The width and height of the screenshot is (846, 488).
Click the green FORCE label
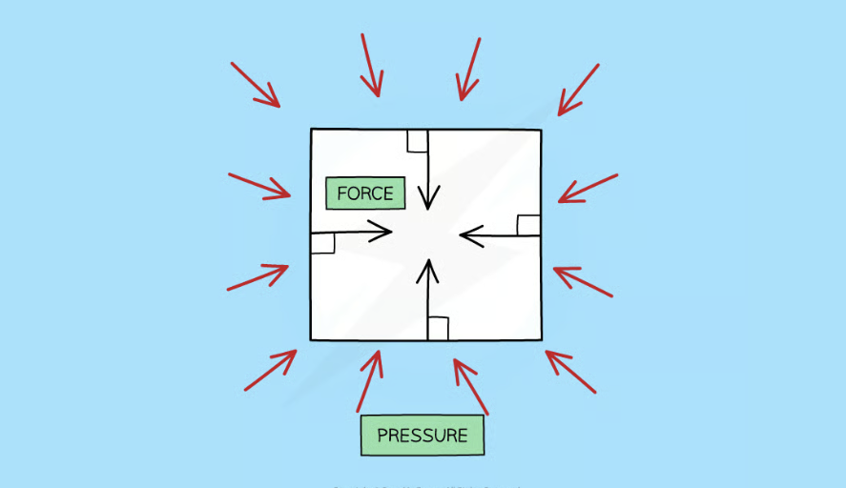click(x=365, y=193)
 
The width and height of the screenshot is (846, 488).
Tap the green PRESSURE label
click(x=422, y=436)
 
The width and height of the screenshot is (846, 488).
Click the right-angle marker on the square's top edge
click(x=417, y=141)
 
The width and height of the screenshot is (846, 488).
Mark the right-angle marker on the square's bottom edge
click(x=438, y=329)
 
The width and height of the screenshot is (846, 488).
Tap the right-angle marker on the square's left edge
click(x=322, y=243)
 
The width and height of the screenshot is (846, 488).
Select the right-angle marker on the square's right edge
click(x=528, y=225)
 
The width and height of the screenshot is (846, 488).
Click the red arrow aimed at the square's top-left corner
click(x=256, y=85)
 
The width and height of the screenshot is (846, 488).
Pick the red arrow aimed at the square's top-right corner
click(x=578, y=90)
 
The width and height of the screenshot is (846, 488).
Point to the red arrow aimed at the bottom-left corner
click(x=271, y=370)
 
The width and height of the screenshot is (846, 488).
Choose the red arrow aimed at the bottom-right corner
click(x=570, y=371)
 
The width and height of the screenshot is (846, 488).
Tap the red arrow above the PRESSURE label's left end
click(x=370, y=380)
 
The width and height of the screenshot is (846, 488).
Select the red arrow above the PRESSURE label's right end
click(x=470, y=386)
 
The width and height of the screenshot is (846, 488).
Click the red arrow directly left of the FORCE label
click(x=259, y=186)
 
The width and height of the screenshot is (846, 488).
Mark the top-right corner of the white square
click(x=541, y=130)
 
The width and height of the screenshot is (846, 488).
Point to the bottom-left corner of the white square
click(x=311, y=339)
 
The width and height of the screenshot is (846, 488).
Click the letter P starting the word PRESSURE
click(x=382, y=436)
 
